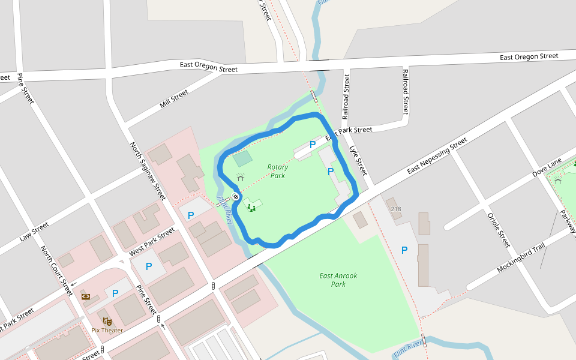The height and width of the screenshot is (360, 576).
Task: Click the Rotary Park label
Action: click(277, 172)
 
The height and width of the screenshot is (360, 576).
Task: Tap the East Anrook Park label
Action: click(338, 280)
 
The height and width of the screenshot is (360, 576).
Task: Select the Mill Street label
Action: click(174, 99)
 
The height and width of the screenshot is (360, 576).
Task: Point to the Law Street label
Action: click(34, 232)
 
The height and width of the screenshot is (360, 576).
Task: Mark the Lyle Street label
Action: click(358, 158)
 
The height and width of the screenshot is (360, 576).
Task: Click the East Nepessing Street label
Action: click(437, 156)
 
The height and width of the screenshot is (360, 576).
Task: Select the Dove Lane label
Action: click(547, 167)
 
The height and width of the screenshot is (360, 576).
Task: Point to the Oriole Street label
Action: click(499, 230)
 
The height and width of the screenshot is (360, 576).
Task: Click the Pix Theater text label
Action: click(107, 330)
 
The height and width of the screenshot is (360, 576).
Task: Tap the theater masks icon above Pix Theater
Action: click(107, 321)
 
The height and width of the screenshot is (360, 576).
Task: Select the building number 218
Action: click(395, 209)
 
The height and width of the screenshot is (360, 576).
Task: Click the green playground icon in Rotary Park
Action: click(251, 208)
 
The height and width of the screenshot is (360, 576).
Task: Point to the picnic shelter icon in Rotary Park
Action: click(241, 178)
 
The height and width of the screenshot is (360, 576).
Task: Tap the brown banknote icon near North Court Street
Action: click(86, 296)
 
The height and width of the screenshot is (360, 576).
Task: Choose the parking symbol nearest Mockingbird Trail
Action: click(404, 250)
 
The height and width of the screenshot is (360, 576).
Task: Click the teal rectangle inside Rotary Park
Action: click(242, 159)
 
